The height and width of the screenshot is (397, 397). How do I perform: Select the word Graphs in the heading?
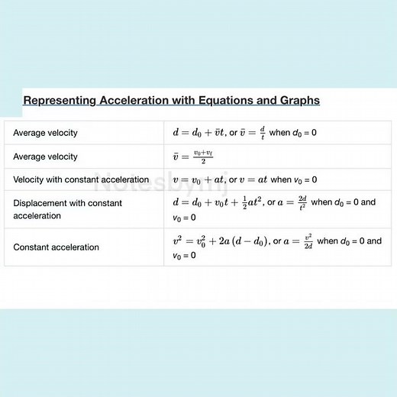click(299, 100)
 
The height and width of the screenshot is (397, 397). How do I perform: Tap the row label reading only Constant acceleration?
click(56, 247)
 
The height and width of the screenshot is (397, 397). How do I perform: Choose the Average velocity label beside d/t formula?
click(45, 133)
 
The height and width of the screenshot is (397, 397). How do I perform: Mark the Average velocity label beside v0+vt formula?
click(45, 157)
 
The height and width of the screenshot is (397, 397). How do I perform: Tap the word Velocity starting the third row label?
click(31, 180)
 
